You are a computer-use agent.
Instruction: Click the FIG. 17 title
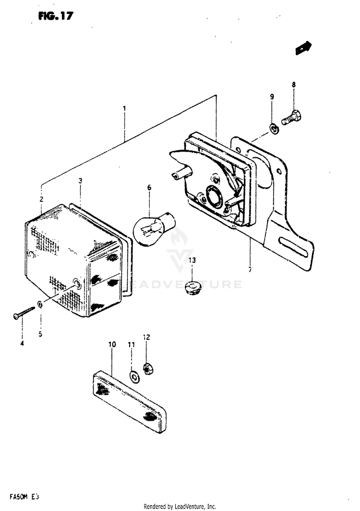(56, 16)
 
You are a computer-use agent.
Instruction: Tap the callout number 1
(124, 108)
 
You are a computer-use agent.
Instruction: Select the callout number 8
(294, 85)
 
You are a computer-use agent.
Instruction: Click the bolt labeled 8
(291, 117)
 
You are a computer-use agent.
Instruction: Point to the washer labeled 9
(274, 128)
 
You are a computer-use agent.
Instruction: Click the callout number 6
(149, 188)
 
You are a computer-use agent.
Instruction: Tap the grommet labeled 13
(192, 287)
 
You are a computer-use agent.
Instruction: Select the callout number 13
(192, 261)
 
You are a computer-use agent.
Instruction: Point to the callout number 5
(40, 334)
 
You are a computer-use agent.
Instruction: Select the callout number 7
(250, 270)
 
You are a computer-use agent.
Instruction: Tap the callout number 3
(81, 181)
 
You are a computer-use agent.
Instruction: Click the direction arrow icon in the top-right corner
(303, 48)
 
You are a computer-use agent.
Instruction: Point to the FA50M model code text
(23, 496)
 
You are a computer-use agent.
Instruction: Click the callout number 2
(41, 199)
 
